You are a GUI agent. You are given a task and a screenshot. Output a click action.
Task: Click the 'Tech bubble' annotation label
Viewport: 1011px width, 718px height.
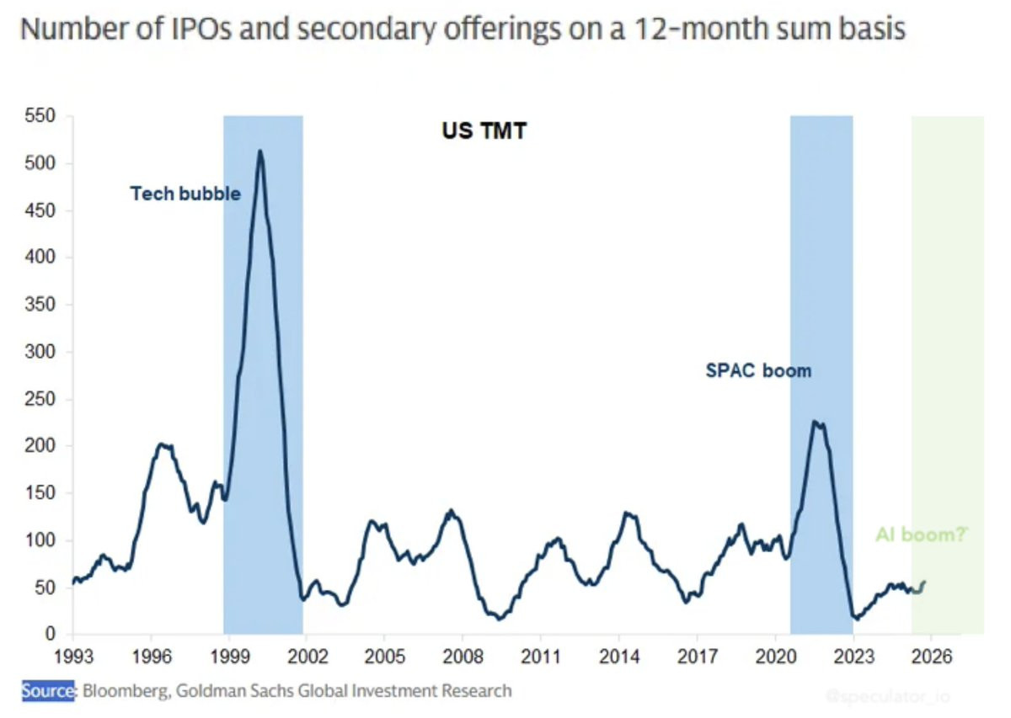(185, 194)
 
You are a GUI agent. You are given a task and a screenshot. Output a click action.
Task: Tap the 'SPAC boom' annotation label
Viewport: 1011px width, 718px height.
(758, 370)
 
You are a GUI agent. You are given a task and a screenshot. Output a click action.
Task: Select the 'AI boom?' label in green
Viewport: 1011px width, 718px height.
(922, 535)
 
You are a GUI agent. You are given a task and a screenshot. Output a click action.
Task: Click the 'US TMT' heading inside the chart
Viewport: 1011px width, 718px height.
(484, 131)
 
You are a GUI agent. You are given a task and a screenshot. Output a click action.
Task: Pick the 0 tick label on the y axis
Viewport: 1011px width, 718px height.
(51, 635)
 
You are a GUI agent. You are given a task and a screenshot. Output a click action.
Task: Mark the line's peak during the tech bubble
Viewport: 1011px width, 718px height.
(260, 152)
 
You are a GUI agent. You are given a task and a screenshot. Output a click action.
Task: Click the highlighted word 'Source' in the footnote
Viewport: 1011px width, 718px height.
(48, 691)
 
